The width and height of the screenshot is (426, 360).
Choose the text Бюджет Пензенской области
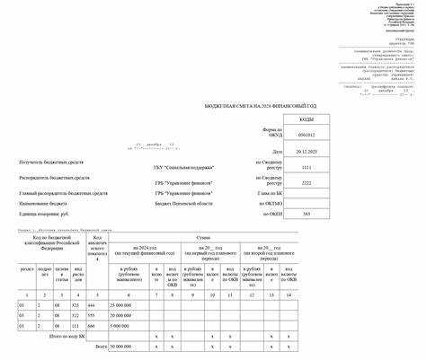[187, 204]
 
